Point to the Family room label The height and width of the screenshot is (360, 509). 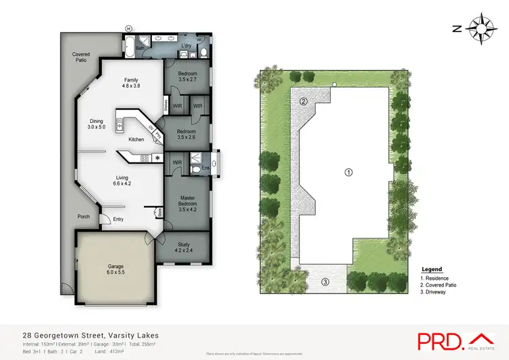[x=131, y=84]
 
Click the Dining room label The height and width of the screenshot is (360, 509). [x=96, y=124]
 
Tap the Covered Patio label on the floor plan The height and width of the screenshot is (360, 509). [x=82, y=57]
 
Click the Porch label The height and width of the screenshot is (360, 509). [x=83, y=217]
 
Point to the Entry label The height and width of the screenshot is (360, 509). [x=119, y=219]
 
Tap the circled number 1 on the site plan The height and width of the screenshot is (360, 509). [x=348, y=172]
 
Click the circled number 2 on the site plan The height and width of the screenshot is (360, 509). [x=304, y=102]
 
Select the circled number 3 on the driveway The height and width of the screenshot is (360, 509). [x=325, y=282]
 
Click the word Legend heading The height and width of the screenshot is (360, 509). [x=432, y=270]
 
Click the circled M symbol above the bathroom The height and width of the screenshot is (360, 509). [x=128, y=28]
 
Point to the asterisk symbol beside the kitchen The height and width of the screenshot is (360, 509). [x=157, y=158]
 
